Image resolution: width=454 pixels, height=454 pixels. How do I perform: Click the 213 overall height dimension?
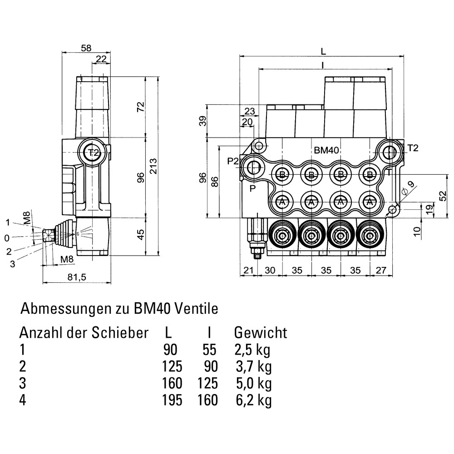click(153, 167)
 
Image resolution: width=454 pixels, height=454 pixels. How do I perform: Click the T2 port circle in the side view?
click(93, 153)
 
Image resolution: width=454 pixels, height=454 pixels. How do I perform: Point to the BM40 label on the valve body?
click(328, 150)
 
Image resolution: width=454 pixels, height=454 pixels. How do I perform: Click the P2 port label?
click(232, 161)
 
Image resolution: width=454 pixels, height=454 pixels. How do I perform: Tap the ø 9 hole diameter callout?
click(410, 186)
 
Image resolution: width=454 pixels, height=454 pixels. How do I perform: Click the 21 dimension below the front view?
click(247, 270)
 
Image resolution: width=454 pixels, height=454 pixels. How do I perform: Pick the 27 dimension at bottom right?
click(381, 270)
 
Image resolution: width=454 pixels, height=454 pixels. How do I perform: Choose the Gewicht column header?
click(261, 333)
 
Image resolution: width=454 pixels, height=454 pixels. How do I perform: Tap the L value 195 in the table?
click(172, 400)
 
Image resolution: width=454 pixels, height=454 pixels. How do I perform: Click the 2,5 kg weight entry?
click(253, 350)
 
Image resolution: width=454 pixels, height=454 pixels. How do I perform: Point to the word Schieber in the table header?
click(120, 333)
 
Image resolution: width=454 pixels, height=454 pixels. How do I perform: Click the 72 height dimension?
click(141, 107)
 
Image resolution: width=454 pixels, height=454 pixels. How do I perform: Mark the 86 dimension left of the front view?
click(215, 182)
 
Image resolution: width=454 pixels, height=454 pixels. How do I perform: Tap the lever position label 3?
click(12, 264)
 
